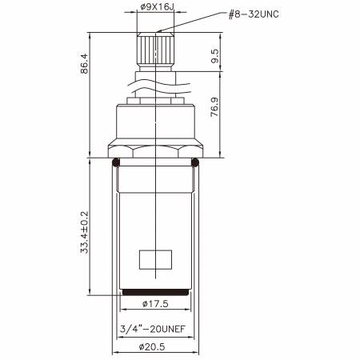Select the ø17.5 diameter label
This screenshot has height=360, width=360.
pos(156,304)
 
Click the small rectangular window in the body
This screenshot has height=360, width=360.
pos(156,260)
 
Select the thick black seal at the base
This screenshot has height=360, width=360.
pos(156,291)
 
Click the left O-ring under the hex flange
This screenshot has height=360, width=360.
pos(117,163)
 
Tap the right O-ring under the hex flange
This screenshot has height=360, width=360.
pos(195,163)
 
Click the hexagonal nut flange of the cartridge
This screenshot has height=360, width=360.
pos(156,151)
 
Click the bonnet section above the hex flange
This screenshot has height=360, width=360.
pos(156,124)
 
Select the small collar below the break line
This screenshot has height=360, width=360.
pos(156,100)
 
